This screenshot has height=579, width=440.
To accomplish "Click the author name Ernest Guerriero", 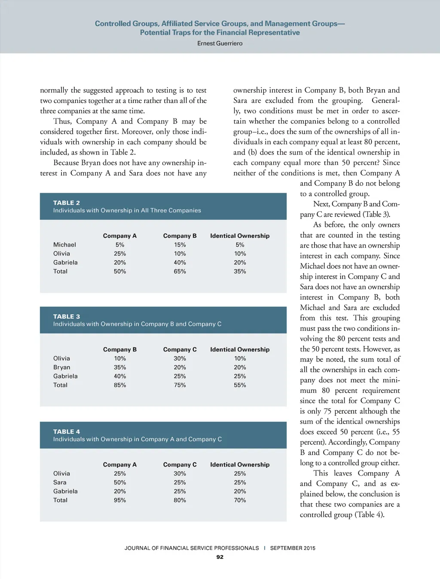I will tap(220, 43).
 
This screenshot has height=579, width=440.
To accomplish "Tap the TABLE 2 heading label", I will tap(67, 203).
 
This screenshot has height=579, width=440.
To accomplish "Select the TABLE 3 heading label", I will tap(67, 316).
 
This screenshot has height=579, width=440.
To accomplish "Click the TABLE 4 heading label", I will tap(67, 431).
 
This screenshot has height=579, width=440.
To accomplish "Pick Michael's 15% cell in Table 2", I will tap(180, 245).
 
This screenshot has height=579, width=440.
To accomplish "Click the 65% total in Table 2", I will tap(180, 271).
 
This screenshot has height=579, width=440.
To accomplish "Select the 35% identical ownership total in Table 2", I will tap(240, 271).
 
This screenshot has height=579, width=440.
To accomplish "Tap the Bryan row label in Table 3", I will tap(62, 367).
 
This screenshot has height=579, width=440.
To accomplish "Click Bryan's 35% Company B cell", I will tap(120, 367).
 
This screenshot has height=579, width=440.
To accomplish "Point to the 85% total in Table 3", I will tap(120, 385).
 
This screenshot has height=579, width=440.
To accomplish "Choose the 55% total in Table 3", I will tap(240, 385).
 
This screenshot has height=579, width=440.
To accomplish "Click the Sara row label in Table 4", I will tap(60, 482).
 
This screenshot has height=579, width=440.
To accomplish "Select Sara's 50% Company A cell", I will tap(120, 482).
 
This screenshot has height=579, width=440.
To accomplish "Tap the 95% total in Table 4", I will tap(120, 500).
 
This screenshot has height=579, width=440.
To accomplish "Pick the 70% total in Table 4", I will tap(240, 500).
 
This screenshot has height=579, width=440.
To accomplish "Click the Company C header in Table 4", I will tap(180, 464).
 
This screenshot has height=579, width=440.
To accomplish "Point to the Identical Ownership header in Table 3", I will tap(240, 349).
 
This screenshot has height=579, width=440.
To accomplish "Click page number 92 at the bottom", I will tap(220, 557).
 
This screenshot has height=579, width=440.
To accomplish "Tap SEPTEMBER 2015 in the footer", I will tap(293, 548).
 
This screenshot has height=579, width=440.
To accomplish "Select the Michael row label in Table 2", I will tap(64, 245).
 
